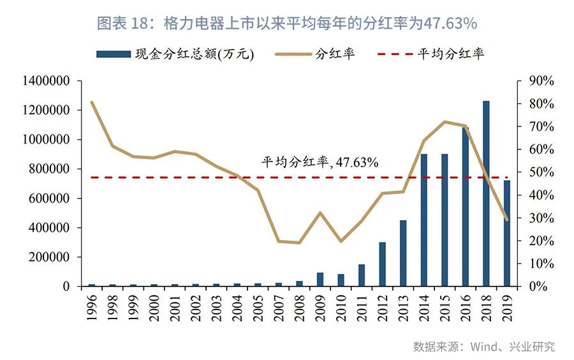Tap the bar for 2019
coord(507,233)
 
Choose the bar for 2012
coord(382,264)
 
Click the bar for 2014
coord(424,220)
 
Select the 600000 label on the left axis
coord(48,199)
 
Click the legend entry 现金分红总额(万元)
coord(176,54)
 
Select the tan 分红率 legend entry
coord(316,54)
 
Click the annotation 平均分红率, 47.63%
coord(320,162)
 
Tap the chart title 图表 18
coord(286,24)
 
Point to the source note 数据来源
coord(483,347)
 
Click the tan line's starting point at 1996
coord(92,102)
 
